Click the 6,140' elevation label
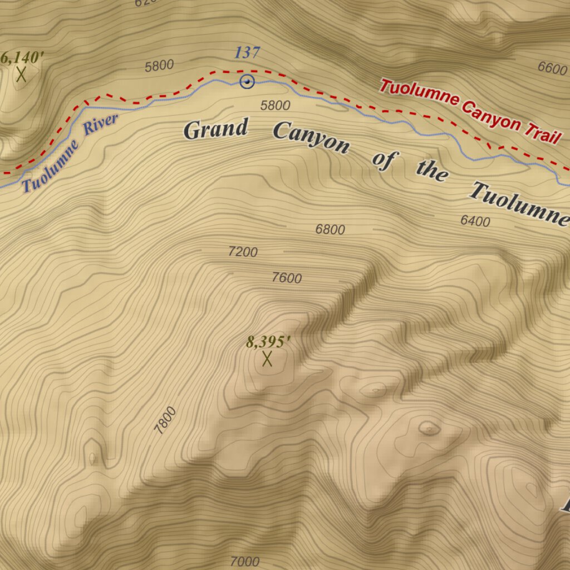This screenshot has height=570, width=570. coord(22,57)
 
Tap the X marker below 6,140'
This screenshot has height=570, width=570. coord(22,75)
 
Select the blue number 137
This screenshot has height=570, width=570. coord(247,53)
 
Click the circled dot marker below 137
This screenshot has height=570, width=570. coord(247,82)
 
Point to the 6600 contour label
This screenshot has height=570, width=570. coord(552,68)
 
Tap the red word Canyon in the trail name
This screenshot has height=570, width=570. coord(493,114)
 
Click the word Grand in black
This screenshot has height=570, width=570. coord(215,129)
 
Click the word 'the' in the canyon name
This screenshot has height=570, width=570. coord(431,171)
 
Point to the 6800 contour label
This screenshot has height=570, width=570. coord(330,229)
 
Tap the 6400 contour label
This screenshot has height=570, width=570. coord(475,222)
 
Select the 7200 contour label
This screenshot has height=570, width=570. coord(243,252)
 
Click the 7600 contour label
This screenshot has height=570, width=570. coord(287,278)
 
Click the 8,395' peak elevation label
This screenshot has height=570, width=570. coord(268,342)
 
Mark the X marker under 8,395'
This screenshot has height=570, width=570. coord(267,359)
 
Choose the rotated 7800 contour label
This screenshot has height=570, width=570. coord(165,420)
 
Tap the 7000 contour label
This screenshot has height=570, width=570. coord(244,562)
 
